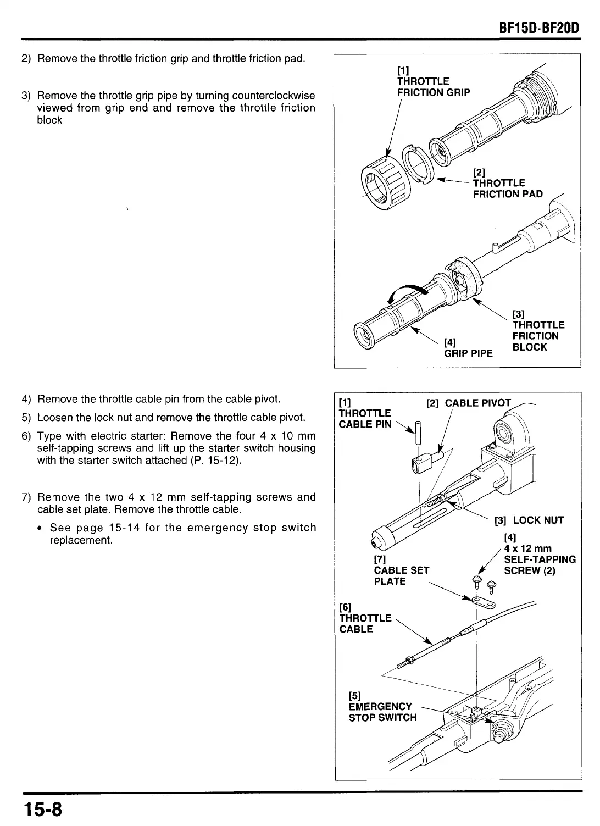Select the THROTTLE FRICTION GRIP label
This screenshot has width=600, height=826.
click(433, 87)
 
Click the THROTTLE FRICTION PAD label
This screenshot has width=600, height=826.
click(507, 189)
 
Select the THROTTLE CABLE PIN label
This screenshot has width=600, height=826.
click(365, 418)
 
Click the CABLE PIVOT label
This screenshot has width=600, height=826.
click(477, 403)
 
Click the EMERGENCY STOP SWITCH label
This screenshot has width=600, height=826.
click(382, 712)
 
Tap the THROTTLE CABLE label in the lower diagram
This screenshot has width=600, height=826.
click(365, 623)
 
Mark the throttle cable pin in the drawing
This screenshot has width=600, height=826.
click(418, 431)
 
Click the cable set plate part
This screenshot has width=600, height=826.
click(484, 603)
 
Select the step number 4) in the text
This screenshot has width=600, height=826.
click(26, 398)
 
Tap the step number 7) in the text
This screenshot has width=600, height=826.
click(26, 497)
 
